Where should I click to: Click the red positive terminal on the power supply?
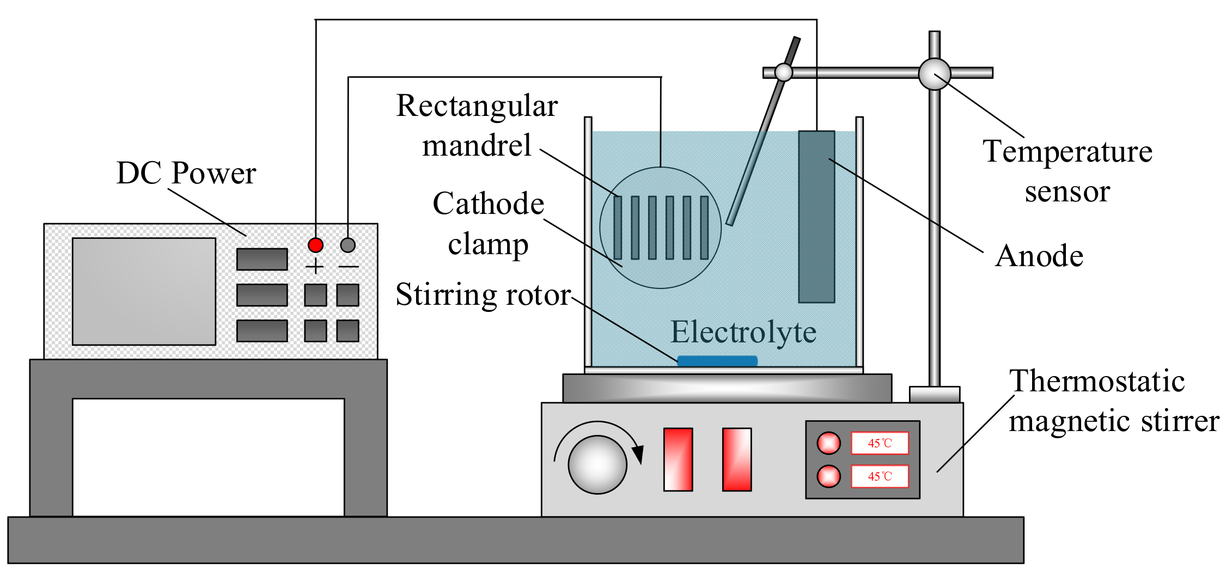coord(315,245)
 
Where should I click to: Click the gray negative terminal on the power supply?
coord(348,245)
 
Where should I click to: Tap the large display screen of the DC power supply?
coord(144,291)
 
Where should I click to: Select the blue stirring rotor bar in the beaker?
coord(717,361)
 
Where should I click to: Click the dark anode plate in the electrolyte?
coord(816,217)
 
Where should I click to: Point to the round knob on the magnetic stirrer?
coord(597,464)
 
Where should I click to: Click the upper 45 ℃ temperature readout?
coord(880,443)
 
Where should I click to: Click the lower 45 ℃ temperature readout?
coord(880,476)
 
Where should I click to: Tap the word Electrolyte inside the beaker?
coord(743,332)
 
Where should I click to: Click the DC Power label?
coord(186,173)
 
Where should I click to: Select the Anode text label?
coord(1039,256)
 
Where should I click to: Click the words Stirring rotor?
coord(483,295)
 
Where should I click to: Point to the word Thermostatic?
coord(1097,380)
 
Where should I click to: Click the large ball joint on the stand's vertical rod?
coord(935,74)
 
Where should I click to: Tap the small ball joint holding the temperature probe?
coord(784,72)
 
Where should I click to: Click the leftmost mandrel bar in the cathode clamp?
coord(618,227)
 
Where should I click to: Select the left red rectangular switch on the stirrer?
coord(678,459)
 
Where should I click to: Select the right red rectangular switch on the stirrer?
coord(737,459)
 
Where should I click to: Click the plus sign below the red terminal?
coord(315,266)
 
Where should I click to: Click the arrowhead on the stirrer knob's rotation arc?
coord(638,454)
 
